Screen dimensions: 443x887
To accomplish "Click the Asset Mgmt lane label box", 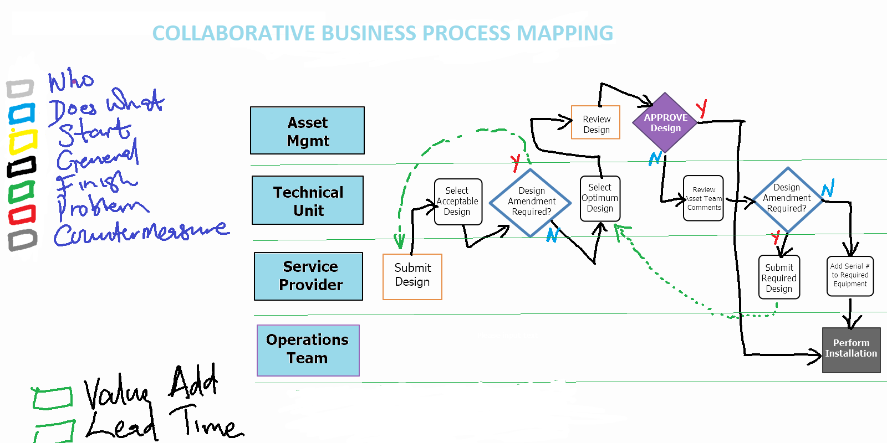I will click(307, 131).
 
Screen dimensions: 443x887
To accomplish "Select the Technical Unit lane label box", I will click(308, 200).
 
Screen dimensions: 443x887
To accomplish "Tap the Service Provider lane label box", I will click(309, 276).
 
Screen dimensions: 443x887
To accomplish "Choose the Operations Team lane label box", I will click(308, 351).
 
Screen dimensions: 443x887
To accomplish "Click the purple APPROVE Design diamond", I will click(665, 122).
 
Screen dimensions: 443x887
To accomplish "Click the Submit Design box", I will click(412, 276).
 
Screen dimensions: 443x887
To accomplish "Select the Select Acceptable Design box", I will click(458, 202).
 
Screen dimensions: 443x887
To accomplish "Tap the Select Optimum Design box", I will click(600, 198).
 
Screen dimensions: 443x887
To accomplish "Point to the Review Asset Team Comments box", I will click(704, 198).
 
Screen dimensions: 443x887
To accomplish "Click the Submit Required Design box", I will click(779, 277).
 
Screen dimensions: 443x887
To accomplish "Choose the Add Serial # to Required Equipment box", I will click(850, 276).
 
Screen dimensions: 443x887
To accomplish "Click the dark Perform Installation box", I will click(851, 349).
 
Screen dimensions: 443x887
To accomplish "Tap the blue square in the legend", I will click(22, 114).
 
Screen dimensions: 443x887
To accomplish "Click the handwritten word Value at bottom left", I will click(116, 392).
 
